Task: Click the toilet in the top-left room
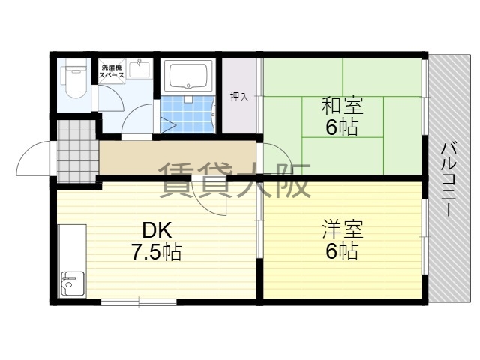[x=73, y=79]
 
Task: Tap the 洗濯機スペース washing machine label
[x=112, y=70]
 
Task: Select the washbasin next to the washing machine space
[x=139, y=70]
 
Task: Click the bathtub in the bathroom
[x=188, y=76]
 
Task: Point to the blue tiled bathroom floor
[x=187, y=114]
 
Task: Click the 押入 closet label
[x=239, y=97]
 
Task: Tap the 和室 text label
[x=342, y=106]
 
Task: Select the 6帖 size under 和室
[x=342, y=127]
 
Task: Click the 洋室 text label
[x=343, y=229]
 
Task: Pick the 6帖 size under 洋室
[x=342, y=251]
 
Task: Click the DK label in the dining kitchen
[x=157, y=230]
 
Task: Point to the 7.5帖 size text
[x=157, y=252]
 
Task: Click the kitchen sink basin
[x=73, y=283]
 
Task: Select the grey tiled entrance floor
[x=76, y=151]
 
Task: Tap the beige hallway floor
[x=178, y=158]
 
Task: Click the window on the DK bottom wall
[x=139, y=302]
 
